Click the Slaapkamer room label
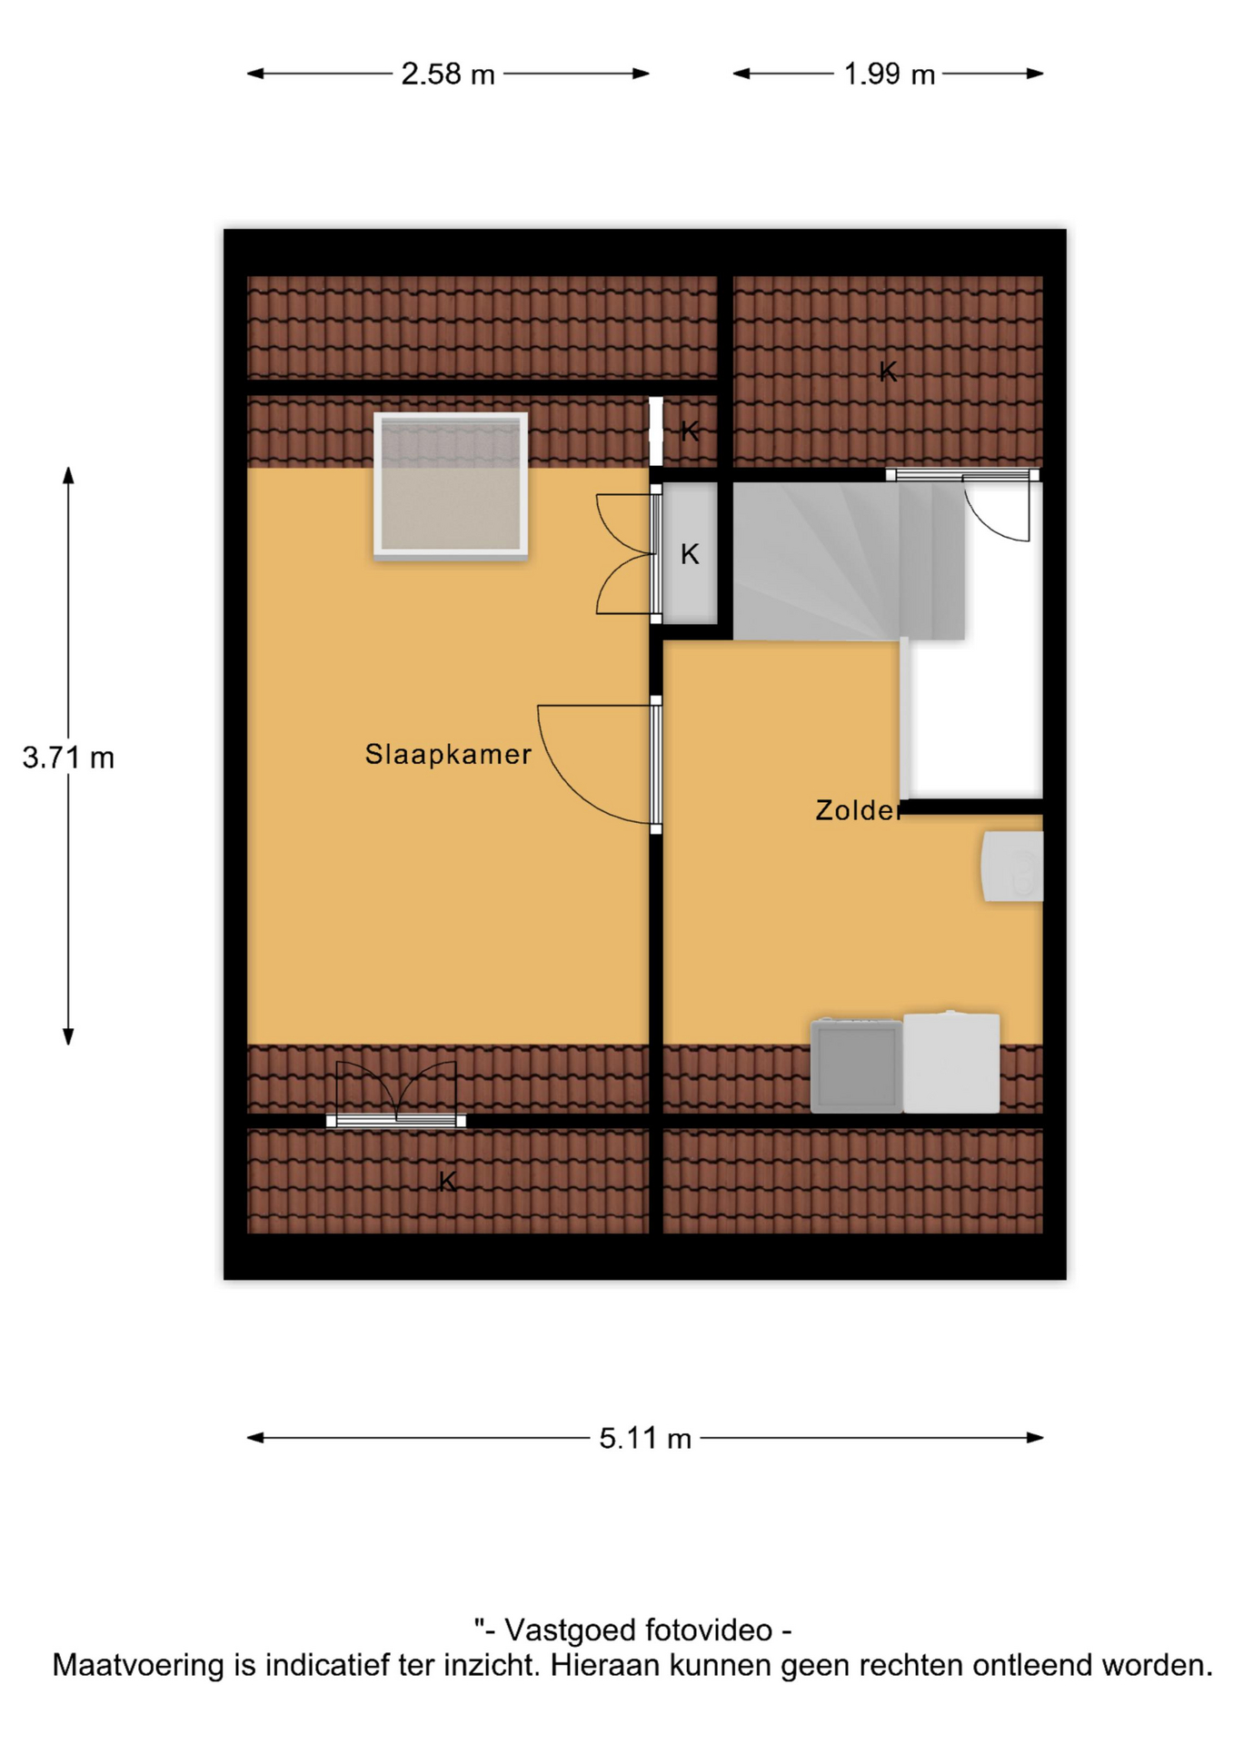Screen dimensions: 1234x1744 pos(448,754)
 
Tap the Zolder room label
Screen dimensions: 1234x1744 pos(859,809)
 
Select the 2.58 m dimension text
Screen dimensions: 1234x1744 pos(448,74)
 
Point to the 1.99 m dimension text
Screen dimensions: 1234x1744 pos(890,74)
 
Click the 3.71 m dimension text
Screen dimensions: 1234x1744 pos(68,757)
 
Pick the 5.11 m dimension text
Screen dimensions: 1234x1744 pos(645,1438)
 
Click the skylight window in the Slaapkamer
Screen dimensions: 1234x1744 pos(451,484)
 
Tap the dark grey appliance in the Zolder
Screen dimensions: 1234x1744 pos(856,1065)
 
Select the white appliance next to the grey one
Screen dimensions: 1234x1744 pos(951,1062)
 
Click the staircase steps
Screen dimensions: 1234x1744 pos(848,560)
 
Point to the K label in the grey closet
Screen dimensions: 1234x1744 pos(690,554)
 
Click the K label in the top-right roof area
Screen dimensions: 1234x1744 pos(888,372)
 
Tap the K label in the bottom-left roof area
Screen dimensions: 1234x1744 pos(447,1181)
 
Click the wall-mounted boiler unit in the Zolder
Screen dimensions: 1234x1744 pos(1012,867)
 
